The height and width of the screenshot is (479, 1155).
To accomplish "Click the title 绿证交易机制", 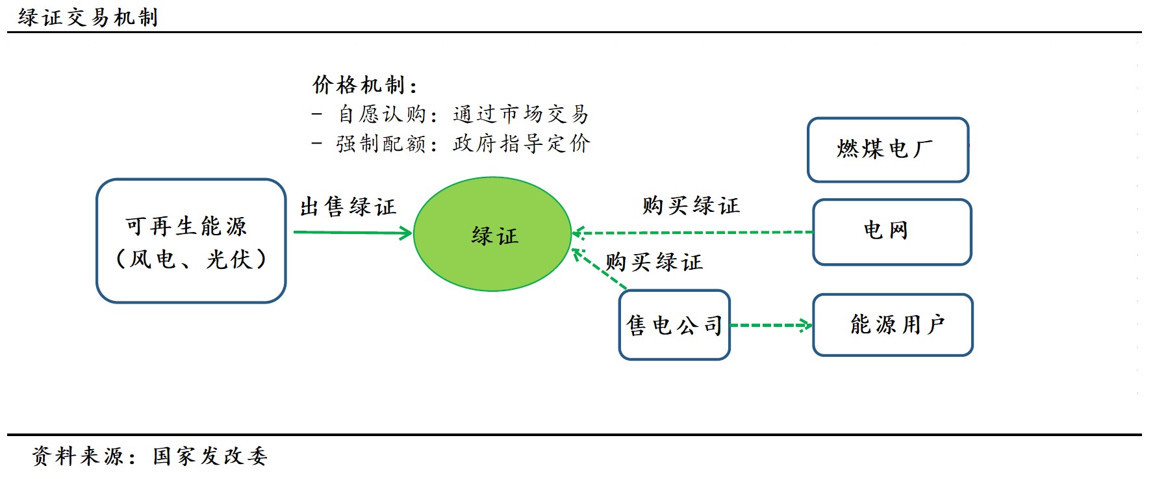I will tap(88, 17).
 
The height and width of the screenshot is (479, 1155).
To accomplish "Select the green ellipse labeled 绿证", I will tap(492, 234).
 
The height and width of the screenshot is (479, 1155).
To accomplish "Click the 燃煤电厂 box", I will tap(887, 149).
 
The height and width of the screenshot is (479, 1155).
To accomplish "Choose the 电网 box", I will tap(891, 231).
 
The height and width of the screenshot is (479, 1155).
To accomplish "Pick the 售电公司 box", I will tap(674, 325).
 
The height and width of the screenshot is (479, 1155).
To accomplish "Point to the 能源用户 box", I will tap(893, 324).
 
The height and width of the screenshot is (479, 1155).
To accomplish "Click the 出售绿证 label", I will tap(348, 207).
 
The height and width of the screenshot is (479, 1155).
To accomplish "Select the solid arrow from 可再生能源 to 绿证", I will tap(352, 232).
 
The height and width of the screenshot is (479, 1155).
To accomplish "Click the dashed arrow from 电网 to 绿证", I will tap(692, 232).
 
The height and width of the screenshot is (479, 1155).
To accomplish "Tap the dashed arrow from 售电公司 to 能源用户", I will tap(770, 325).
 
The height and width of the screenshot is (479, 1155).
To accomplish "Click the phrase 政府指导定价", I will tap(521, 144).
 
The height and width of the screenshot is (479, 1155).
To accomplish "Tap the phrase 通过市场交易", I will tap(520, 114).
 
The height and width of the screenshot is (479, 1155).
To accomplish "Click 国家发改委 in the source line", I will tap(210, 456).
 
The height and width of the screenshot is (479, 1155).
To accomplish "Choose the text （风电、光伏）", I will tap(191, 259).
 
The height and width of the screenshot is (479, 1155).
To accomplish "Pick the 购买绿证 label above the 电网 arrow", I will tap(691, 206).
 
